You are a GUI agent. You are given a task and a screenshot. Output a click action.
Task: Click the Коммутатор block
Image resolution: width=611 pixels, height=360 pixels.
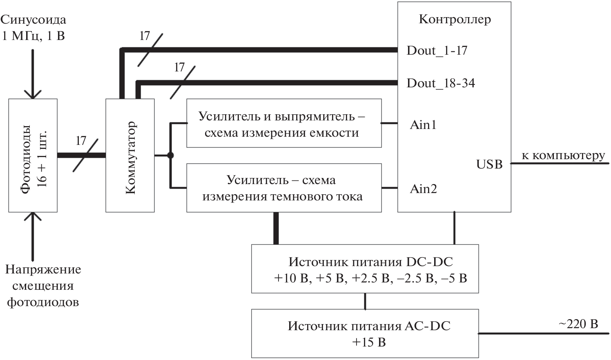tap(130, 156)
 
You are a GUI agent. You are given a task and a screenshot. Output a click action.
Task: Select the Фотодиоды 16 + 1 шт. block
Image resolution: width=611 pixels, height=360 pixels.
tap(33, 156)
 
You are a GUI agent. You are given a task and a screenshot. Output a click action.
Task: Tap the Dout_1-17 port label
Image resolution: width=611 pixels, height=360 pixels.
tap(437, 51)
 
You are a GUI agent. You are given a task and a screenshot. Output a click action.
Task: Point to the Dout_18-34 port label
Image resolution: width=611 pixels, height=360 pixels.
tap(441, 83)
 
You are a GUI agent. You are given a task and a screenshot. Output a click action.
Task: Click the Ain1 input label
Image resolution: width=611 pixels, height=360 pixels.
tap(423, 124)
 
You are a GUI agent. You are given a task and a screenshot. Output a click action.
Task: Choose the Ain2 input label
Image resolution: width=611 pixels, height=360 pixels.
tap(423, 189)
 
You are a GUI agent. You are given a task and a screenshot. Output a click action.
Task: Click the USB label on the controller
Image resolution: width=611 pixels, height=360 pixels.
tap(489, 164)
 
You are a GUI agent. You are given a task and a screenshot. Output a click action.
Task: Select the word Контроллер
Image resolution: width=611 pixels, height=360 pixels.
tap(455, 20)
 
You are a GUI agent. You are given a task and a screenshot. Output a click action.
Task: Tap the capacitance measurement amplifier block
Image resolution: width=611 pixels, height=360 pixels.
tap(284, 123)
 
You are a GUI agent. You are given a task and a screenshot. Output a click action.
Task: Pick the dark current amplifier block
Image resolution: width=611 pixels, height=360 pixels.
tap(284, 188)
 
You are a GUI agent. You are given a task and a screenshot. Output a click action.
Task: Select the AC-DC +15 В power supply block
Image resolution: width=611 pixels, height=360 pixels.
tap(365, 333)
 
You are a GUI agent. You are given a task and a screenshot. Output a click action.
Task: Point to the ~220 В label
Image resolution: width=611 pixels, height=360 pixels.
tap(578, 324)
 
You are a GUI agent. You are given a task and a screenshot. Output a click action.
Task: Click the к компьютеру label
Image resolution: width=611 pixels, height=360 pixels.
tap(563, 156)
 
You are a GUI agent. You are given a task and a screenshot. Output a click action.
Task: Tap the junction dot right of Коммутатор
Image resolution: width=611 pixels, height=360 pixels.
tap(171, 156)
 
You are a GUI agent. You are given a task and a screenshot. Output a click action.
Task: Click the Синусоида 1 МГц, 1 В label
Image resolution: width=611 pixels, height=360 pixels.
tap(33, 28)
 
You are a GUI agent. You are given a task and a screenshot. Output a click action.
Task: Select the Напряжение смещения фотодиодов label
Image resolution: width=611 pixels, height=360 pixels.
tap(43, 286)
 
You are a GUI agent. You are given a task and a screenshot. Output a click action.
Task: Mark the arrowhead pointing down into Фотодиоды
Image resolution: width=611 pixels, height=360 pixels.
tap(33, 94)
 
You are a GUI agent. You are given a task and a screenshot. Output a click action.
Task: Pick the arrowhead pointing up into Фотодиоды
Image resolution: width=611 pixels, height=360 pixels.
tap(33, 217)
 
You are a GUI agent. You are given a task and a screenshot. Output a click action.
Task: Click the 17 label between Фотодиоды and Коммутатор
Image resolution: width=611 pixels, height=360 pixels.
tap(81, 141)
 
